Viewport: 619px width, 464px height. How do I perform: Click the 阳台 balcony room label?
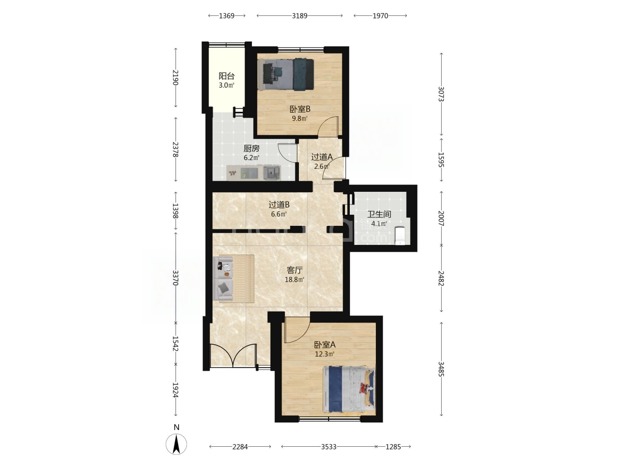226,76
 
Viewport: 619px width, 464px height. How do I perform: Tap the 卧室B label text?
300,109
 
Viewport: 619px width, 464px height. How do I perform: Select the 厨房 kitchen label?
251,148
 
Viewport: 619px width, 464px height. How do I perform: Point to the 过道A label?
322,157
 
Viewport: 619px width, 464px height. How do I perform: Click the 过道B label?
279,205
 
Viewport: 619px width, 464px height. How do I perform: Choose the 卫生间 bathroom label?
379,214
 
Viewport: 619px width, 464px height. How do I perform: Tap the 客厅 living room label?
294,270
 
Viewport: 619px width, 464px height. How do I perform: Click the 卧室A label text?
325,345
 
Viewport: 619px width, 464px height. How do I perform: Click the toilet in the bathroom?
400,236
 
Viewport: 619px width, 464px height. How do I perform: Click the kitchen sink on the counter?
272,172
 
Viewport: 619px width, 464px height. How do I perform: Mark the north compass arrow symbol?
176,444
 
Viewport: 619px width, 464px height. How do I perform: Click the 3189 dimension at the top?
299,16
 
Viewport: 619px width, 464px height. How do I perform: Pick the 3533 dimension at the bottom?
329,446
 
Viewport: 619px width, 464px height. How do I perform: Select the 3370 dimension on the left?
176,278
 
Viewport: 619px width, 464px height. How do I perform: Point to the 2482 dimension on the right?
441,278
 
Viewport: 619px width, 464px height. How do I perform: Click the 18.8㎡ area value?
294,280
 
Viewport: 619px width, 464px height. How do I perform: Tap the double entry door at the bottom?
233,355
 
